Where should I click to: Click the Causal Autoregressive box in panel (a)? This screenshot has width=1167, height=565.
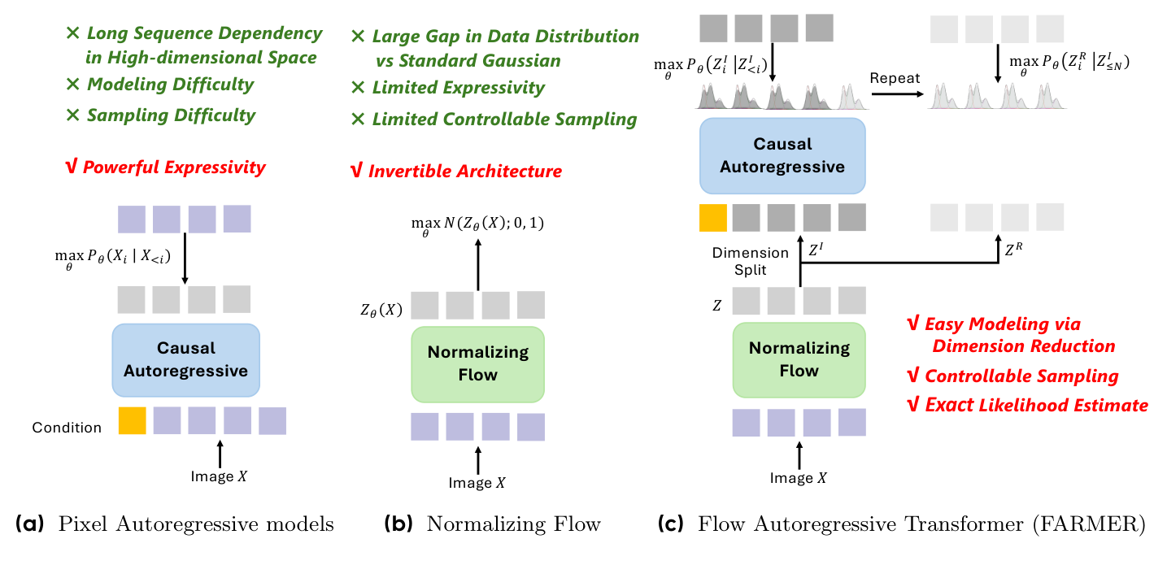(185, 359)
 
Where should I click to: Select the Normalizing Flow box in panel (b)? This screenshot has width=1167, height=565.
(477, 363)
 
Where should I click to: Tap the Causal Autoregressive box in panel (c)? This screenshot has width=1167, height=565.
(782, 155)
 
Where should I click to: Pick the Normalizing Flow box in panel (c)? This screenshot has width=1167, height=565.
(799, 359)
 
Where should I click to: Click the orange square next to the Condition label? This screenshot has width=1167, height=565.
(132, 421)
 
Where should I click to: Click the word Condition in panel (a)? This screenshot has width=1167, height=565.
(67, 427)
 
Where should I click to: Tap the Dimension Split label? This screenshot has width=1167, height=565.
(750, 260)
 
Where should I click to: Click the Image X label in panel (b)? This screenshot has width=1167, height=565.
(477, 483)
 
